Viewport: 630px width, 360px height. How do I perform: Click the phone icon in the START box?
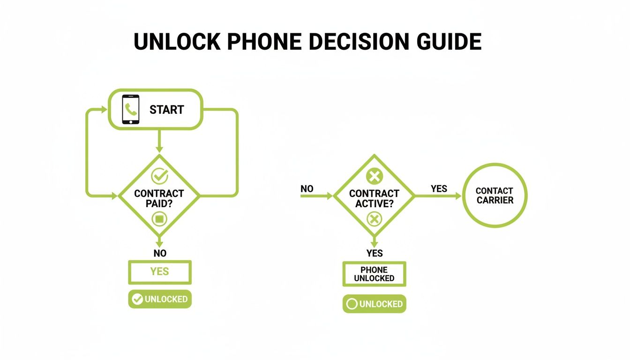(131, 109)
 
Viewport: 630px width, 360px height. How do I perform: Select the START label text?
(167, 110)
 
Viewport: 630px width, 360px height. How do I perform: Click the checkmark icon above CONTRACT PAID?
(159, 176)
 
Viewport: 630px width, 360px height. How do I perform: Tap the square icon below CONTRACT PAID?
(159, 218)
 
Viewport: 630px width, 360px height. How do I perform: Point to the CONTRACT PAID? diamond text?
(159, 197)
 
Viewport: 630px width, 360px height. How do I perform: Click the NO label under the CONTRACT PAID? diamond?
(160, 253)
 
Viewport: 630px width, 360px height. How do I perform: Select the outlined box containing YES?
(160, 272)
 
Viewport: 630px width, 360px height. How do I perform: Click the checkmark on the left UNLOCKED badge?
(137, 300)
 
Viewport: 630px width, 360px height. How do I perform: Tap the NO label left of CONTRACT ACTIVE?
(307, 189)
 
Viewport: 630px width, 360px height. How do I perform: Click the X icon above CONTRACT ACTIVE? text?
(374, 177)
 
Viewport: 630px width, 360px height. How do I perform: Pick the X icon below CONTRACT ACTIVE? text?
(374, 218)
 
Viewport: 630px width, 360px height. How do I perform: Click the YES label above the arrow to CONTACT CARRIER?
(439, 189)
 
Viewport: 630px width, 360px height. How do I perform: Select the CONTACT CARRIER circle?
(495, 195)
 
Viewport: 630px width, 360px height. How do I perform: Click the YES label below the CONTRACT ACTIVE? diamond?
(375, 253)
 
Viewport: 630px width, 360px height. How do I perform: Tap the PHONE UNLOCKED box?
(374, 274)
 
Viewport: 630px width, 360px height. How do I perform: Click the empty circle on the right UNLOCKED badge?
(352, 304)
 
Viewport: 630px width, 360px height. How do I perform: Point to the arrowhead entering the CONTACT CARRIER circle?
(458, 196)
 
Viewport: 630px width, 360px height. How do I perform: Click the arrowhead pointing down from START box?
(159, 149)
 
